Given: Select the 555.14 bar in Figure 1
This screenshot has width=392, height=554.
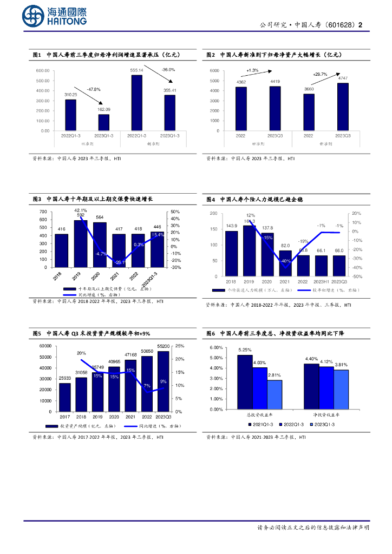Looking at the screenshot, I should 136,102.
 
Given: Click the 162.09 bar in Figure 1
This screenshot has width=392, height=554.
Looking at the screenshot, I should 103,122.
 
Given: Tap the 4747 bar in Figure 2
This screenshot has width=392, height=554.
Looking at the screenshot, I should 342,107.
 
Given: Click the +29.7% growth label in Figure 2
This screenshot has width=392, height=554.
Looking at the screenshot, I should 320,74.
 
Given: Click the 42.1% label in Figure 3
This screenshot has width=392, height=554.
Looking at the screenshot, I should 80,210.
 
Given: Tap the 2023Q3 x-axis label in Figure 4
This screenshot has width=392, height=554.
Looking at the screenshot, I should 339,281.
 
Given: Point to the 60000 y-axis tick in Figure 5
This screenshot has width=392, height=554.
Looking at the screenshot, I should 44,345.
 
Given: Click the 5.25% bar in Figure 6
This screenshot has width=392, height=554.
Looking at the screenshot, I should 245,381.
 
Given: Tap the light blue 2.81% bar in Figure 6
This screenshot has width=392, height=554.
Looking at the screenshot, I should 275,394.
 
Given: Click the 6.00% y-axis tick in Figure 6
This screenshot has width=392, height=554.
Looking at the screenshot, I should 215,347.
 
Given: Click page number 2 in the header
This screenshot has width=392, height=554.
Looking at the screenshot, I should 361,24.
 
